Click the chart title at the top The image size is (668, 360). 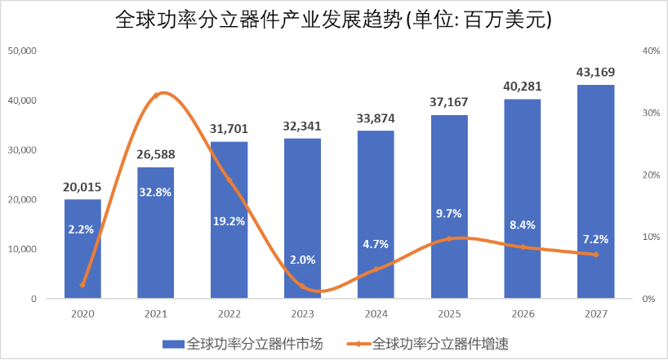pos(335,19)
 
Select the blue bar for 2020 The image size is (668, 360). pos(82,249)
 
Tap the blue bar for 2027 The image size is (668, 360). pos(595,192)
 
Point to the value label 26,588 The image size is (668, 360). pos(155,154)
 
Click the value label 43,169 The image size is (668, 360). pos(595,72)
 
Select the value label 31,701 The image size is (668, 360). pos(229,129)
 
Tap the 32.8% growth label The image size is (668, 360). pos(155,194)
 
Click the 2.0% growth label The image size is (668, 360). pos(302,260)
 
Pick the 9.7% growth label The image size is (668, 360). pos(448,214)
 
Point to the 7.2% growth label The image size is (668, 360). pos(595,239)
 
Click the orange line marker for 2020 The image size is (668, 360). pos(82,285)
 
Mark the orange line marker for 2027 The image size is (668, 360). pos(595,255)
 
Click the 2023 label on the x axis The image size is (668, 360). pos(302,313)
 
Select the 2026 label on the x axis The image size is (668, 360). pos(522,313)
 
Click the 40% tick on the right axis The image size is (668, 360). pos(651,51)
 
